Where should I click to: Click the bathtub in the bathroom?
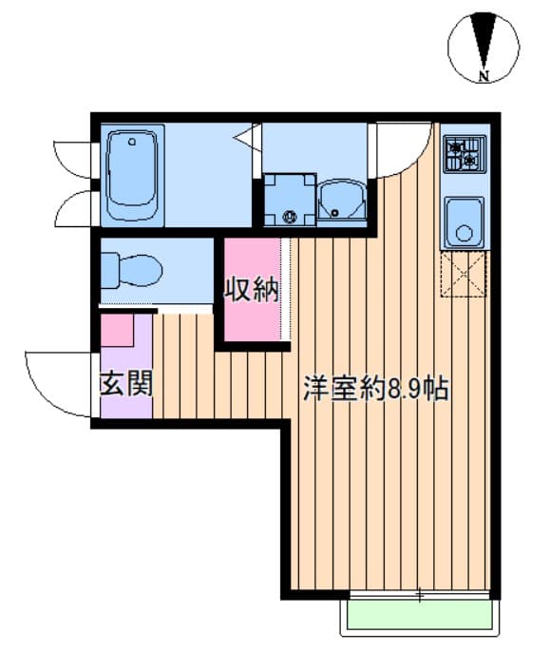[x=133, y=175]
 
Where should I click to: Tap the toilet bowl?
[x=141, y=271]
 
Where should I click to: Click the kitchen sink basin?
[x=464, y=222]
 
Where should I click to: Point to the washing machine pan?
[x=290, y=201]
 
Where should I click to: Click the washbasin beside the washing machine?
[x=342, y=200]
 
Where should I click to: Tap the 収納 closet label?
[x=252, y=289]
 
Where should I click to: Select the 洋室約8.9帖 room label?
[x=376, y=388]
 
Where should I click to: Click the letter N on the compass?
[x=483, y=76]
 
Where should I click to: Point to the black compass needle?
[x=483, y=41]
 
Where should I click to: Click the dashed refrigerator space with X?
[x=464, y=274]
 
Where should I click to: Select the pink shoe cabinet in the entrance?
[x=117, y=330]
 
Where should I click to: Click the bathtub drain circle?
[x=132, y=142]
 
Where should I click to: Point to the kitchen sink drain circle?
[x=464, y=233]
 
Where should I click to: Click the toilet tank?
[x=109, y=271]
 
